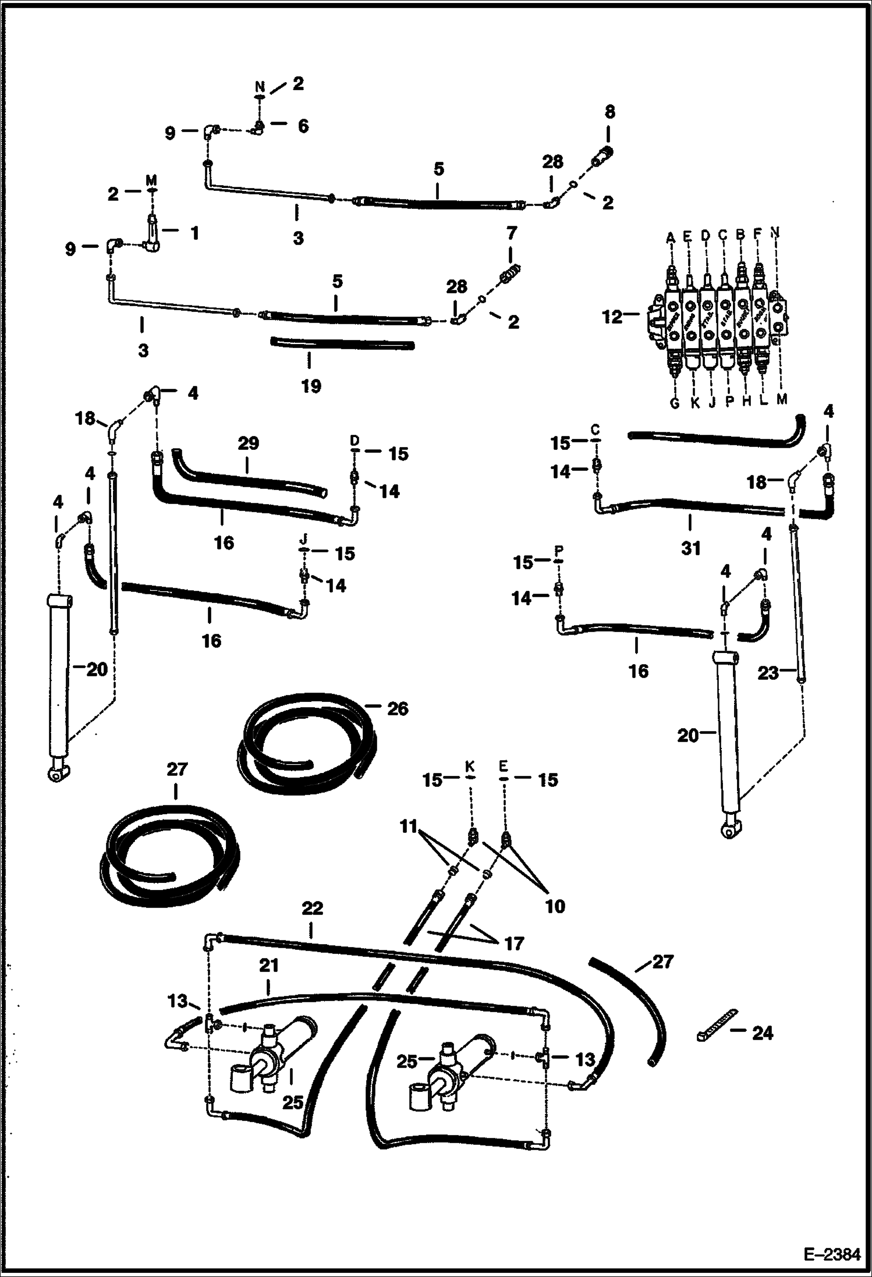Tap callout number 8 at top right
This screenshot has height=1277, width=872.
click(x=609, y=112)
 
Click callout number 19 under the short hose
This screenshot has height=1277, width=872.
click(x=311, y=386)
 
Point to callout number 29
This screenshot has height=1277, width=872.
click(x=248, y=444)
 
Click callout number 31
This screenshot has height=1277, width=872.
click(x=690, y=548)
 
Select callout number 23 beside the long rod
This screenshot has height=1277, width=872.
click(x=768, y=673)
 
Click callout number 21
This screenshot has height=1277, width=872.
click(x=268, y=966)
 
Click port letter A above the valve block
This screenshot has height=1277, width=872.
click(x=670, y=237)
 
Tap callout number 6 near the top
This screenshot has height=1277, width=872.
click(x=303, y=126)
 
